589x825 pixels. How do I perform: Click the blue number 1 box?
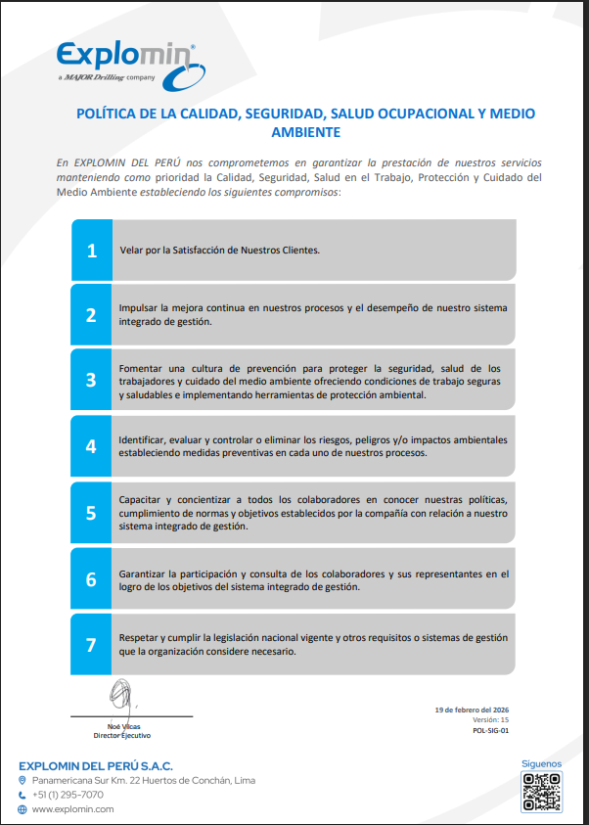click(92, 250)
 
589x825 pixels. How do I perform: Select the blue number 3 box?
click(92, 380)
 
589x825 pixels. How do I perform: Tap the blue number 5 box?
click(92, 512)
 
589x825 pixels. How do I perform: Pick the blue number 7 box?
click(92, 644)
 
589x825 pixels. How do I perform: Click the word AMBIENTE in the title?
click(305, 131)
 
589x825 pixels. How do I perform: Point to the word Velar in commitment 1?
click(130, 250)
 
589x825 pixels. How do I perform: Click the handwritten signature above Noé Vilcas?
click(121, 697)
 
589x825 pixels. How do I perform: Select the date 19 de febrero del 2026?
click(472, 709)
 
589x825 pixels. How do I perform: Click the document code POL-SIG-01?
click(490, 730)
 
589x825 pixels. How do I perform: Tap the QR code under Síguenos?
click(540, 792)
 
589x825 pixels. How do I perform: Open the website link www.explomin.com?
click(72, 809)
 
